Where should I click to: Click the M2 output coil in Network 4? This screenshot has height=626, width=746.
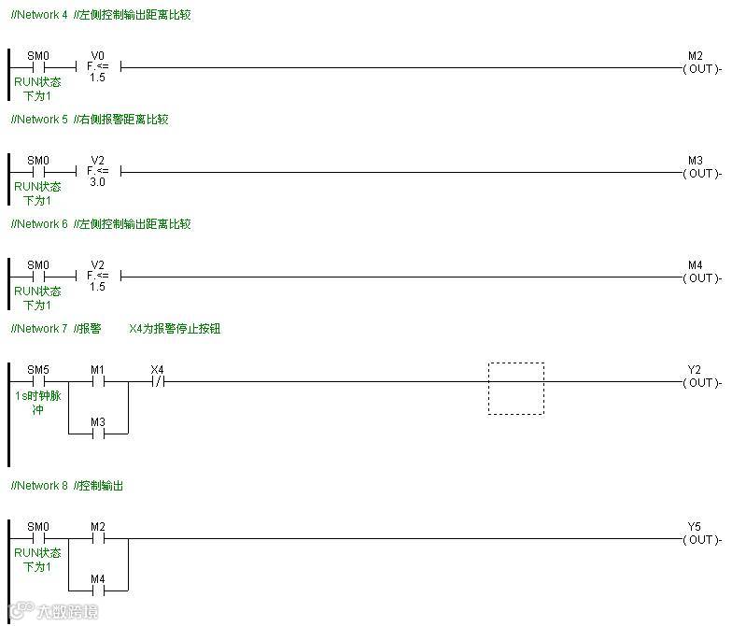click(701, 68)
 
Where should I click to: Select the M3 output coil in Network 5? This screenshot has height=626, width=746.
click(701, 173)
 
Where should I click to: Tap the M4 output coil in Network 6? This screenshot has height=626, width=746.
click(701, 277)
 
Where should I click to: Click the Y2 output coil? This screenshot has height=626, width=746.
click(701, 382)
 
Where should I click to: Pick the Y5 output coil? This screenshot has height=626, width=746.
click(701, 539)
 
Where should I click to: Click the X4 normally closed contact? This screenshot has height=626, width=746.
click(157, 381)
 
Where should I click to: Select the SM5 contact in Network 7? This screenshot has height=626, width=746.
click(38, 381)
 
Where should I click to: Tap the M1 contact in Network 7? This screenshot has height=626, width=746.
click(98, 381)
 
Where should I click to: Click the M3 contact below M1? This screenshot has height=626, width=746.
click(98, 434)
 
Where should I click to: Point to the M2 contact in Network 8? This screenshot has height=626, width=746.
click(98, 538)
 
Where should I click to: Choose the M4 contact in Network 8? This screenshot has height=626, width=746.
click(98, 590)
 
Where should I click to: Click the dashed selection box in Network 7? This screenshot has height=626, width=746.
click(515, 388)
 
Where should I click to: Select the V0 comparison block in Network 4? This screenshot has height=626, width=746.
click(98, 67)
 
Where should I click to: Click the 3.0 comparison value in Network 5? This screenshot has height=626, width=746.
click(98, 183)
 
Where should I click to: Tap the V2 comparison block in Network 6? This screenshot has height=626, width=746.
click(98, 277)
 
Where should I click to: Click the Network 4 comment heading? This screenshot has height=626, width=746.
click(101, 15)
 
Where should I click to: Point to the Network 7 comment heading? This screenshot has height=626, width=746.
click(116, 329)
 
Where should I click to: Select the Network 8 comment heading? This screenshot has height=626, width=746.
click(67, 486)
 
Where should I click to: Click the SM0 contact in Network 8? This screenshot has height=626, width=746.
click(38, 538)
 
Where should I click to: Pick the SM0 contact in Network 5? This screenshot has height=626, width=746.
click(38, 172)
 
